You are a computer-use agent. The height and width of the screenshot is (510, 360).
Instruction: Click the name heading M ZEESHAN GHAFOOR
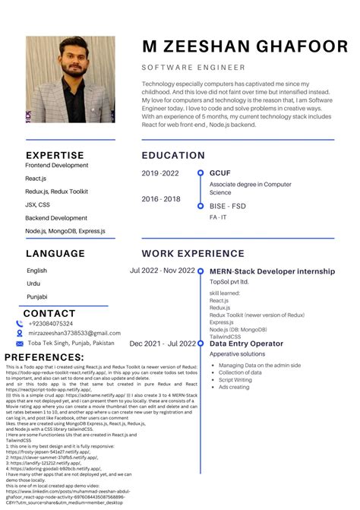(x=245, y=46)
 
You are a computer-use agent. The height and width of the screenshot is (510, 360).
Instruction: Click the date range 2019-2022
(x=160, y=173)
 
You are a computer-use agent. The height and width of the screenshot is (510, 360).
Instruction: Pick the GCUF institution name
(x=220, y=173)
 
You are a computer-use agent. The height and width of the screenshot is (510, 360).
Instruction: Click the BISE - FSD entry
(x=228, y=205)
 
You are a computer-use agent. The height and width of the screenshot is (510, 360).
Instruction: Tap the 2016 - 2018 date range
(x=161, y=199)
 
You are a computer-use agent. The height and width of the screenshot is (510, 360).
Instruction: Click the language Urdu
(x=35, y=284)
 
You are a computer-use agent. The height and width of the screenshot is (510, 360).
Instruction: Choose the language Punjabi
(x=38, y=296)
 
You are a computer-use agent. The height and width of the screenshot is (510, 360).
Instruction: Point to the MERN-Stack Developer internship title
(x=272, y=271)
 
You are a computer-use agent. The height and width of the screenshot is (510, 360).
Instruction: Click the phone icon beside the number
(x=20, y=324)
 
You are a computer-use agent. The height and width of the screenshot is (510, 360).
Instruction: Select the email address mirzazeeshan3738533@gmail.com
(x=74, y=333)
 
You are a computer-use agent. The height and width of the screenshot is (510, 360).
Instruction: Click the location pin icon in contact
(x=20, y=343)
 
